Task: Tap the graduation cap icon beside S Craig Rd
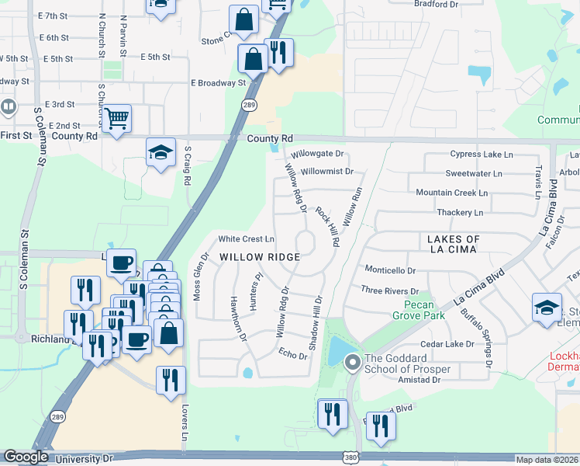pyautogui.click(x=161, y=151)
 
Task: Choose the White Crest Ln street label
pyautogui.click(x=247, y=238)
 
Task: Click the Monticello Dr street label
pyautogui.click(x=390, y=271)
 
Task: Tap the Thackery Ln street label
pyautogui.click(x=460, y=212)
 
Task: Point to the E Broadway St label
pyautogui.click(x=218, y=82)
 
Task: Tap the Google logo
pyautogui.click(x=26, y=457)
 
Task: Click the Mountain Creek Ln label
pyautogui.click(x=452, y=193)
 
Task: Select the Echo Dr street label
pyautogui.click(x=293, y=353)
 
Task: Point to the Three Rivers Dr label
pyautogui.click(x=389, y=290)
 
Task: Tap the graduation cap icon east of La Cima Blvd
pyautogui.click(x=547, y=308)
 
